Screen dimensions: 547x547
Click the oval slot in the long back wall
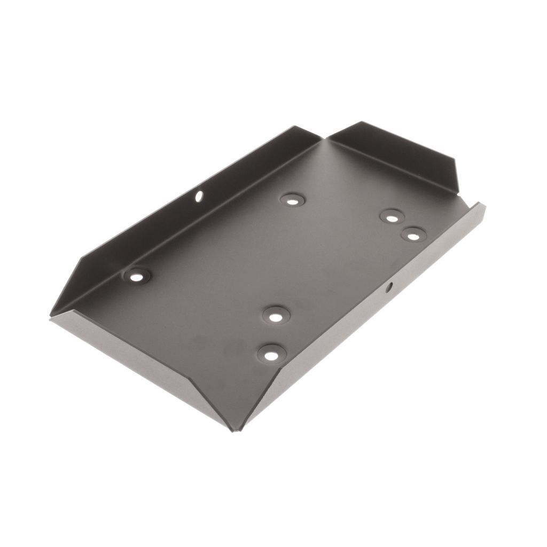click(199, 197)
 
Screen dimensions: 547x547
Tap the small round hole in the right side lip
click(389, 287)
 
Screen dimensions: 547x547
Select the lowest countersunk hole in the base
click(271, 353)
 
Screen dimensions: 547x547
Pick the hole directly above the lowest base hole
click(275, 316)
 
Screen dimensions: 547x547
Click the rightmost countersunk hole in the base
click(413, 234)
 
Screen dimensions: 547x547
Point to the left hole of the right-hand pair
click(392, 217)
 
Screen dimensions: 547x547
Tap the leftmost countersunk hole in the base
click(137, 276)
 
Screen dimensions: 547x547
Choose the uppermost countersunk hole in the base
click(292, 200)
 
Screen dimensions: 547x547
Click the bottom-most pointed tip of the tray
click(233, 431)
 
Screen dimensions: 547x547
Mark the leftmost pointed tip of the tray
click(50, 315)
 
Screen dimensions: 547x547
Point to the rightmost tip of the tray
click(485, 205)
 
